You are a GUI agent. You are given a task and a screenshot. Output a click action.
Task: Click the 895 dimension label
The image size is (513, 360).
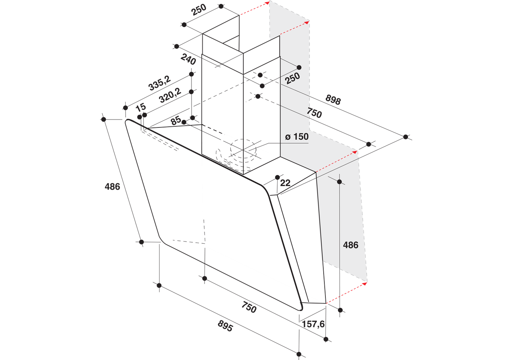tap(225, 326)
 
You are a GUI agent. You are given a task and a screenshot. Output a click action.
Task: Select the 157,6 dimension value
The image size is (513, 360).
tap(313, 324)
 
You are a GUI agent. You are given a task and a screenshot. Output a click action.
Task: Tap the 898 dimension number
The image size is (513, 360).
tap(333, 100)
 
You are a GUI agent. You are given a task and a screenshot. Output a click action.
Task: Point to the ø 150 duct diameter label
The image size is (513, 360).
tap(297, 137)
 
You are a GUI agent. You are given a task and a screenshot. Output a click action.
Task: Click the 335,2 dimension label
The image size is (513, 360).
tap(159, 83)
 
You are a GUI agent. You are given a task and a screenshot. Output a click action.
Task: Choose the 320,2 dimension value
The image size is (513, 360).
tap(170, 95)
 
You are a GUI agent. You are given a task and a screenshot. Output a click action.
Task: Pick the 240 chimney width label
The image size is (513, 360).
tap(188, 59)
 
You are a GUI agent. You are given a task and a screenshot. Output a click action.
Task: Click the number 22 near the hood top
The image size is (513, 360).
tap(285, 183)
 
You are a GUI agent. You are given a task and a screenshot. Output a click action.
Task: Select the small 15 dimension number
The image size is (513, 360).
tap(141, 107)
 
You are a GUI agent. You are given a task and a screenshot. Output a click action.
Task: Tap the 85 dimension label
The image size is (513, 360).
tap(176, 121)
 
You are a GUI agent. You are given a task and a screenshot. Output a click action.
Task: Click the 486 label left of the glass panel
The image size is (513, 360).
tap(112, 186)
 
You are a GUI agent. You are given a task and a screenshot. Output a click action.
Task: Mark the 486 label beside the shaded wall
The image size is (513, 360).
tap(350, 245)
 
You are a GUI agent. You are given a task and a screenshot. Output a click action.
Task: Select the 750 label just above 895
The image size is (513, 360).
tap(249, 307)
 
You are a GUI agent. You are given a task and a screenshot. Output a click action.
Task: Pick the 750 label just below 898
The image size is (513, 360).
tap(314, 113)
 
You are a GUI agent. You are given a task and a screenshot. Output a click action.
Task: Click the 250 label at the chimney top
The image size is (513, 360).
tap(199, 10)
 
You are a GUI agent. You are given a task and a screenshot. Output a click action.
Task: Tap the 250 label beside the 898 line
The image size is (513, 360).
tap(292, 78)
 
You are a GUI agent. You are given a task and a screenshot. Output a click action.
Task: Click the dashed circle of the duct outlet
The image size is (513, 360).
tap(243, 139)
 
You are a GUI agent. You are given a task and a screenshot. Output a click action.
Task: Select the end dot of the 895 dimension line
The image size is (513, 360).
tap(299, 354)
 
